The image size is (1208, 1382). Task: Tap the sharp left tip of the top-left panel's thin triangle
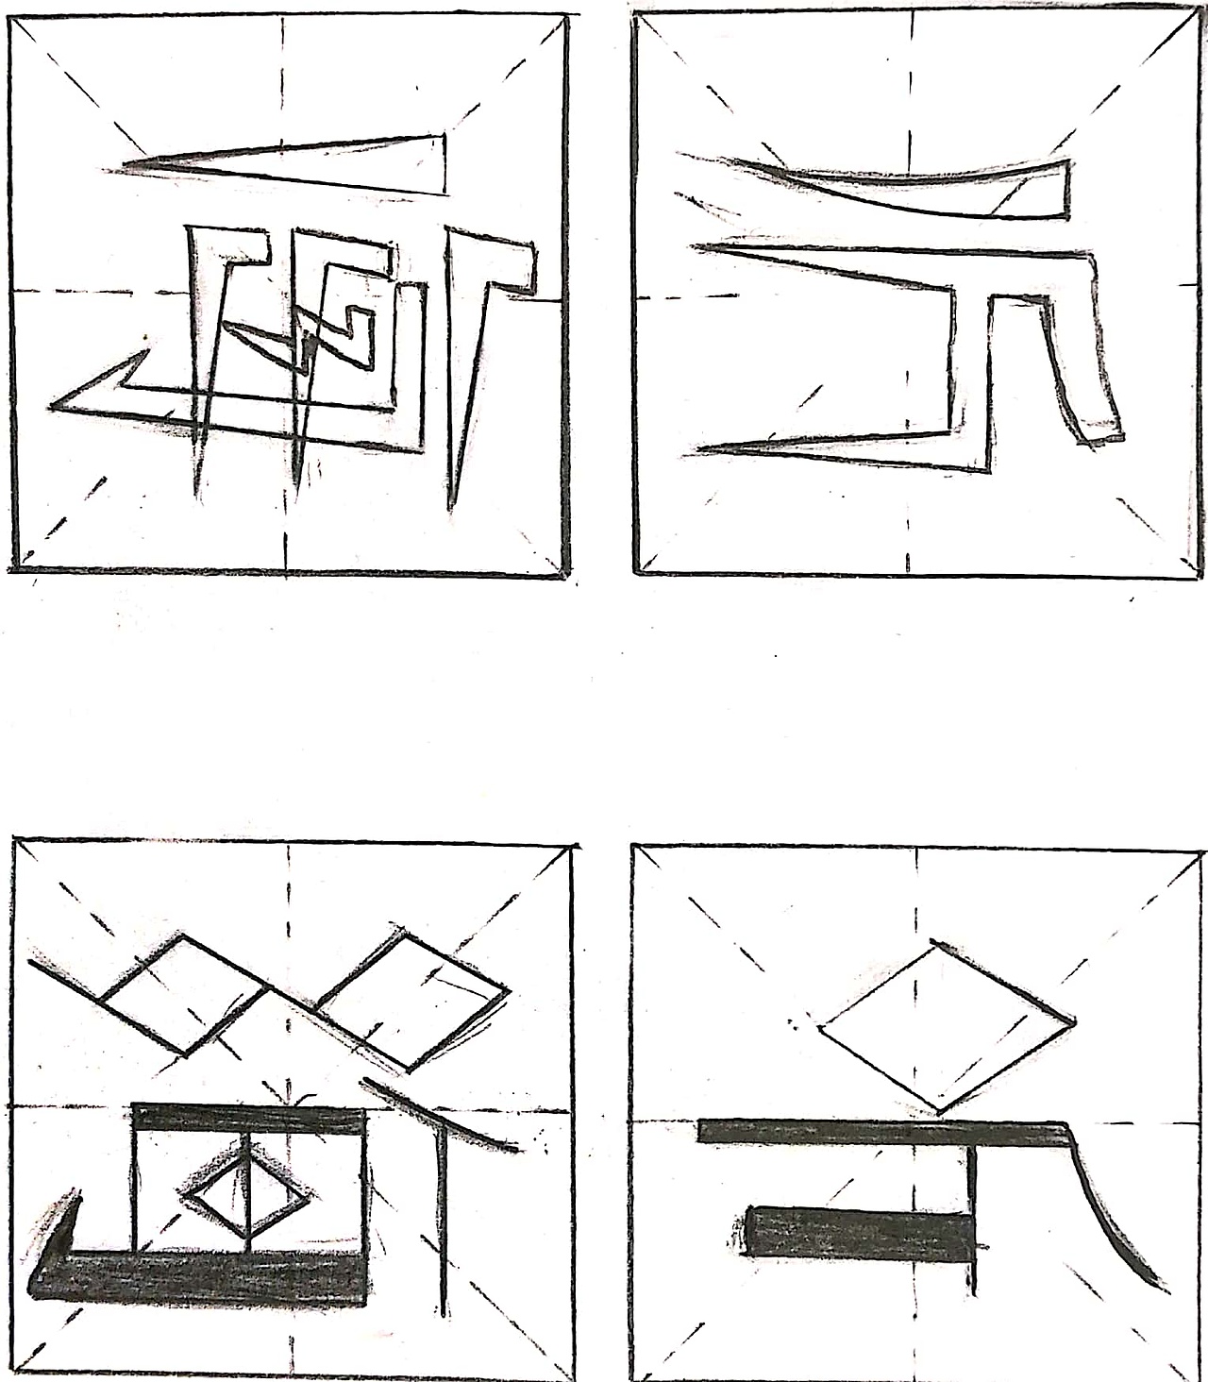pos(126,168)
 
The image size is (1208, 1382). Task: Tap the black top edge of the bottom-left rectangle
pos(250,1119)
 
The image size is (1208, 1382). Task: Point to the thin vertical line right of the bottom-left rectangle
pos(443,1218)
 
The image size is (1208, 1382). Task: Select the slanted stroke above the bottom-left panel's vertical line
pos(439,1114)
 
